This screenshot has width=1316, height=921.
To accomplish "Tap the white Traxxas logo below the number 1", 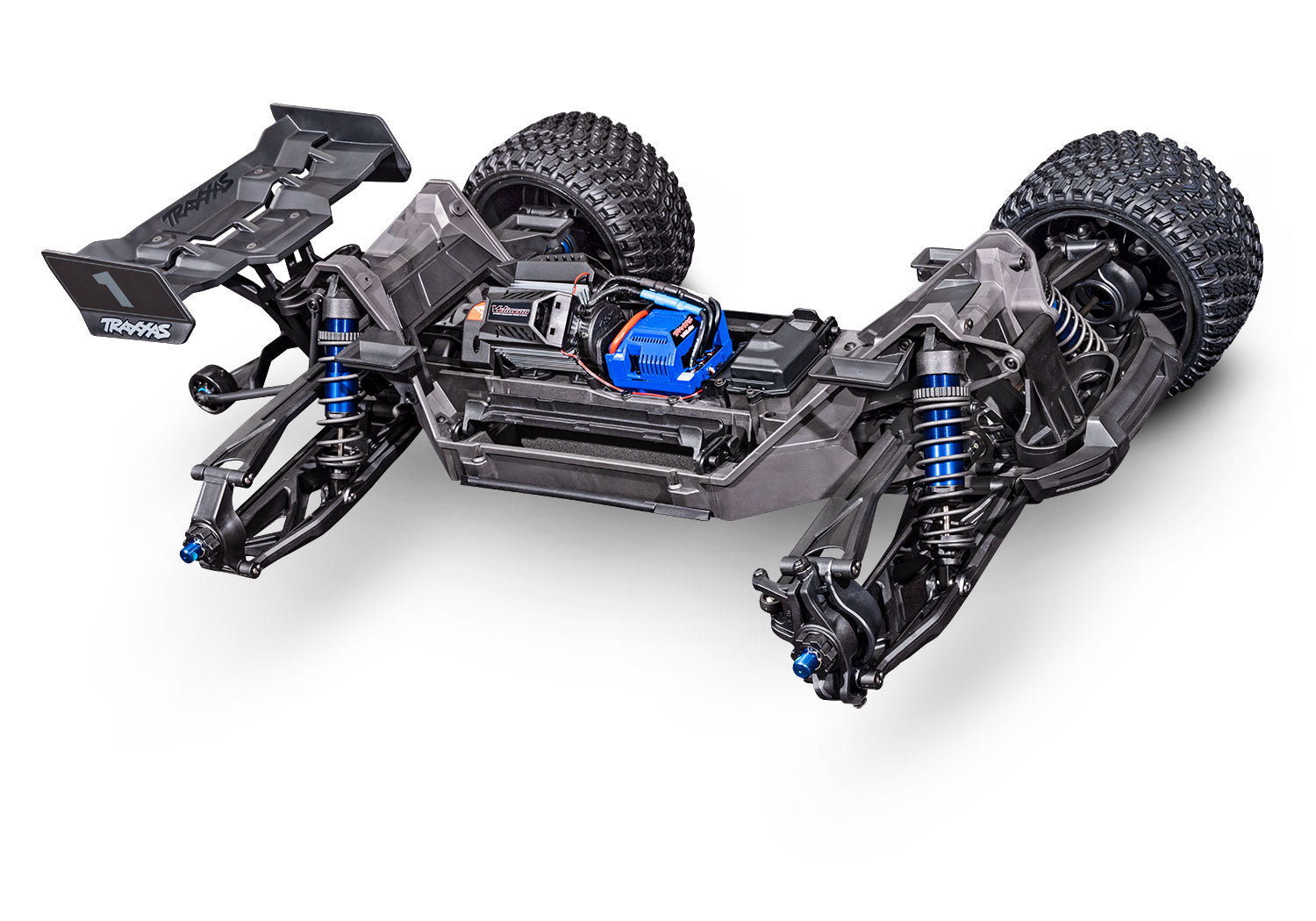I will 136,327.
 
